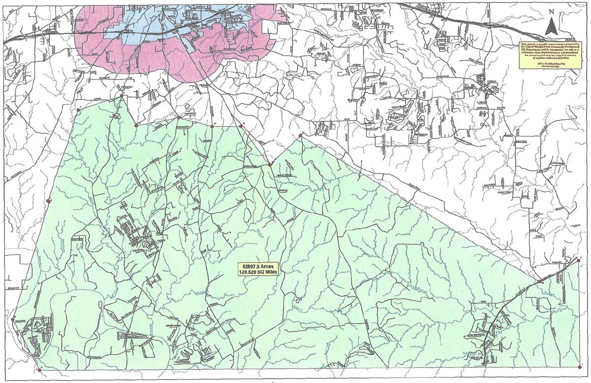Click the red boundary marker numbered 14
click(212, 127)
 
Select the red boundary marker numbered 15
click(241, 127)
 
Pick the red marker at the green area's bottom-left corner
click(39, 370)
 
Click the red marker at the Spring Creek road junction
click(270, 164)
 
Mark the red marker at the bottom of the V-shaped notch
click(136, 126)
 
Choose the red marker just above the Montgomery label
click(178, 118)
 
